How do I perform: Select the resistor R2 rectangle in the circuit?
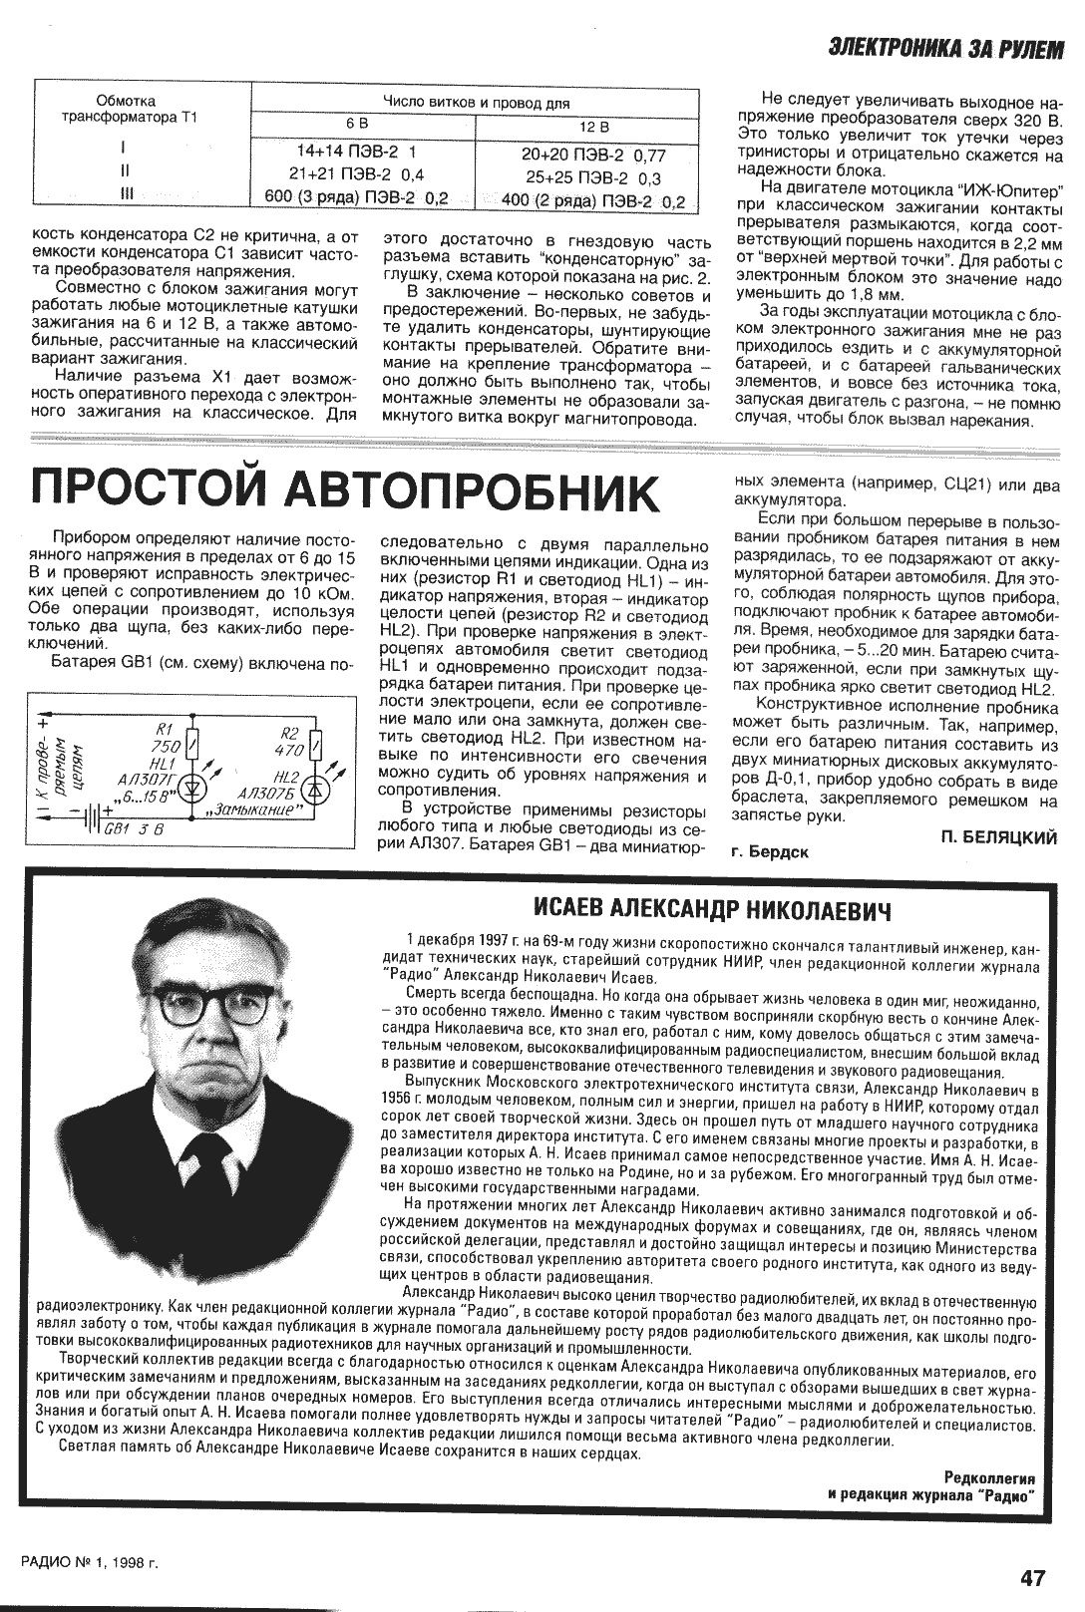pyautogui.click(x=315, y=745)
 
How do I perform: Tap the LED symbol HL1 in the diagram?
pyautogui.click(x=195, y=788)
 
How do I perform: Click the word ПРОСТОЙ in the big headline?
pyautogui.click(x=146, y=491)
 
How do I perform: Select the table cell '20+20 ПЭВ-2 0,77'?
pyautogui.click(x=593, y=156)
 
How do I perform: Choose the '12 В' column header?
pyautogui.click(x=594, y=128)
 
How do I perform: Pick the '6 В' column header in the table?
pyautogui.click(x=357, y=124)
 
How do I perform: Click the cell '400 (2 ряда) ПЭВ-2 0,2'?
pyautogui.click(x=593, y=201)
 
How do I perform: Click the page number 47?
pyautogui.click(x=1033, y=1577)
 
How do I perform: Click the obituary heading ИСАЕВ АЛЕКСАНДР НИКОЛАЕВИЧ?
pyautogui.click(x=712, y=909)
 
